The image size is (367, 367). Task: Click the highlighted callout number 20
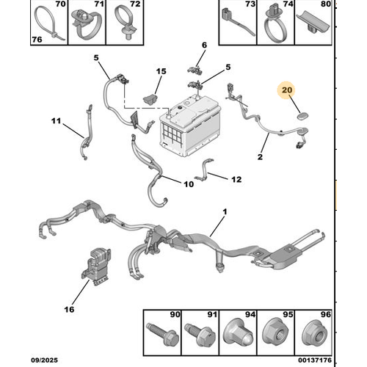[287, 90]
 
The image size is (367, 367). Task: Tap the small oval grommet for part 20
[303, 116]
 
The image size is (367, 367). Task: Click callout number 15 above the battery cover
[161, 71]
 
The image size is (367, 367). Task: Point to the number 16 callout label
[69, 310]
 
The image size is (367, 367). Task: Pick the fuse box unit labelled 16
[95, 266]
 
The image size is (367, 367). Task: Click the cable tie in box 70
[50, 23]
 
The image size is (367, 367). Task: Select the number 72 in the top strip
[135, 4]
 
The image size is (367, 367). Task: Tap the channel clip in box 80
[313, 23]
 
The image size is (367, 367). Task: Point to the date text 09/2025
[44, 360]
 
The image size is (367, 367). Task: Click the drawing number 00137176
[315, 360]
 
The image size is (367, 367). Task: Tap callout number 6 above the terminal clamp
[204, 46]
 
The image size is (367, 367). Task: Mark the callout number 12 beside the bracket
[236, 180]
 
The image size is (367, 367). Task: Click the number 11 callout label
[56, 121]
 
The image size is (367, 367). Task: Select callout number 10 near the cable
[189, 184]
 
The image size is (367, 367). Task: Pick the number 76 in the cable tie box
[37, 40]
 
